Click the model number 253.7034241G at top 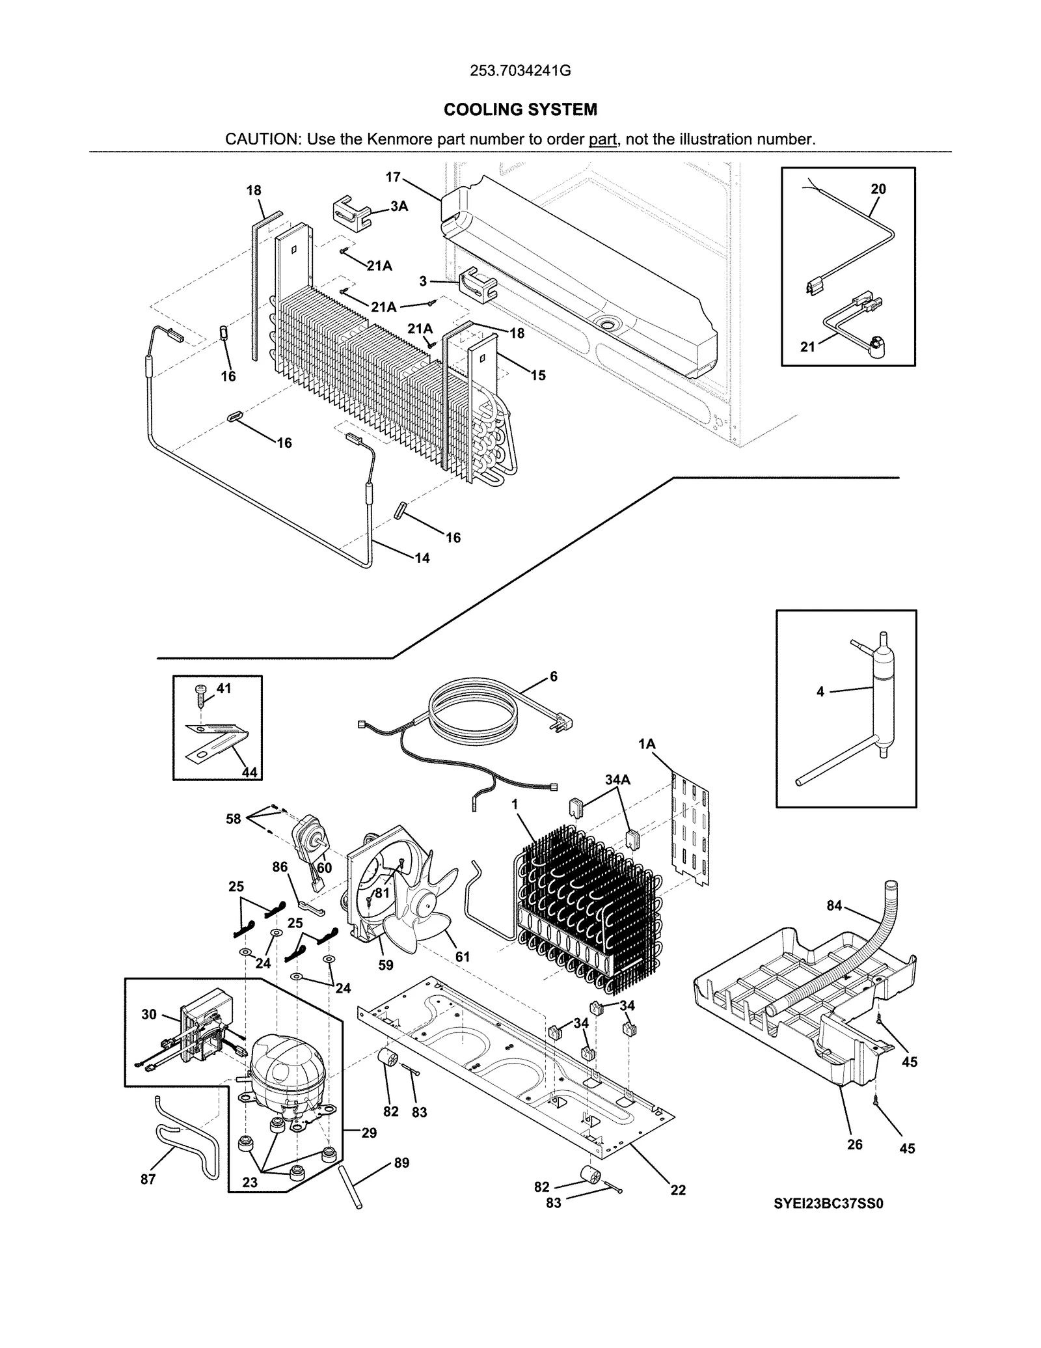pyautogui.click(x=520, y=71)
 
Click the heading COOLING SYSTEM pyautogui.click(x=520, y=109)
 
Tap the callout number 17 pyautogui.click(x=392, y=177)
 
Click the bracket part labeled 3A pyautogui.click(x=351, y=212)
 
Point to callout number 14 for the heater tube pyautogui.click(x=422, y=558)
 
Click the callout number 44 pyautogui.click(x=249, y=773)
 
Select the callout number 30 pyautogui.click(x=149, y=1014)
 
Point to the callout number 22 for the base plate pyautogui.click(x=678, y=1190)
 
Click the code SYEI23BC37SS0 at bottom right pyautogui.click(x=828, y=1204)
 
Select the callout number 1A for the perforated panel pyautogui.click(x=646, y=744)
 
